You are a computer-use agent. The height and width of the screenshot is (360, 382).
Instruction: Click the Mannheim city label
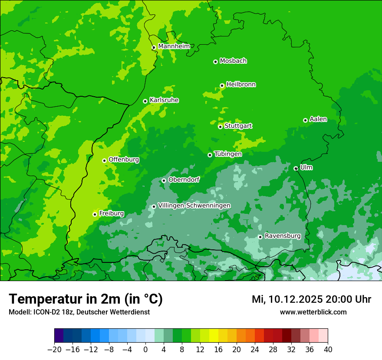point(174,46)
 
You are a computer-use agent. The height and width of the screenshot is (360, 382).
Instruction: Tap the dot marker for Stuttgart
point(220,127)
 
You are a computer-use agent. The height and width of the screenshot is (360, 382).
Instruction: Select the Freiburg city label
point(111,213)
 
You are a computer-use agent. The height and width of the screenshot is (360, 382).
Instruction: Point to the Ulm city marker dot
point(296,168)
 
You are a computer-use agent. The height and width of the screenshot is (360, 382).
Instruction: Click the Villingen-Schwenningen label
point(194,206)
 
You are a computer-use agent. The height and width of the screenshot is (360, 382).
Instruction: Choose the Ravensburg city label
point(283,236)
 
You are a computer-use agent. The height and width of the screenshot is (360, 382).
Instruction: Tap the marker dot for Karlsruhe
point(145,101)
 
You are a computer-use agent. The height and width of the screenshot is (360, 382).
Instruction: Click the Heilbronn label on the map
point(241,85)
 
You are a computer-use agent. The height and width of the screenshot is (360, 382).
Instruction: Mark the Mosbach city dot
point(215,62)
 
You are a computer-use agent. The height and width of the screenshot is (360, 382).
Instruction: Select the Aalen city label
point(318,119)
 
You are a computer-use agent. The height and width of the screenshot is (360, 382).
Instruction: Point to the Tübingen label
point(228,154)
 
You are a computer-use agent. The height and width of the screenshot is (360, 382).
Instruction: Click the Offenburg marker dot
point(104,160)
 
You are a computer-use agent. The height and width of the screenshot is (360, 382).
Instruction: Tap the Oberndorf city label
point(184,180)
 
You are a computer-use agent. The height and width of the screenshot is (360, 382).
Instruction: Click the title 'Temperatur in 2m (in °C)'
point(86,299)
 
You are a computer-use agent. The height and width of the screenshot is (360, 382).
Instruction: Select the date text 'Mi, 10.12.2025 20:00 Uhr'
point(311,299)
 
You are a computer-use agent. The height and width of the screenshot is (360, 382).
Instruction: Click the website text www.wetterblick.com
point(313,312)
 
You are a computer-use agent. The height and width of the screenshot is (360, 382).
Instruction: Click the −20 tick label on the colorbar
point(54,350)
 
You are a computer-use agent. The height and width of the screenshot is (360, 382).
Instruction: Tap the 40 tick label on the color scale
point(328,350)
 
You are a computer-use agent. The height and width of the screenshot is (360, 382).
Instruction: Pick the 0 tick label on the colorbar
point(145,350)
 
